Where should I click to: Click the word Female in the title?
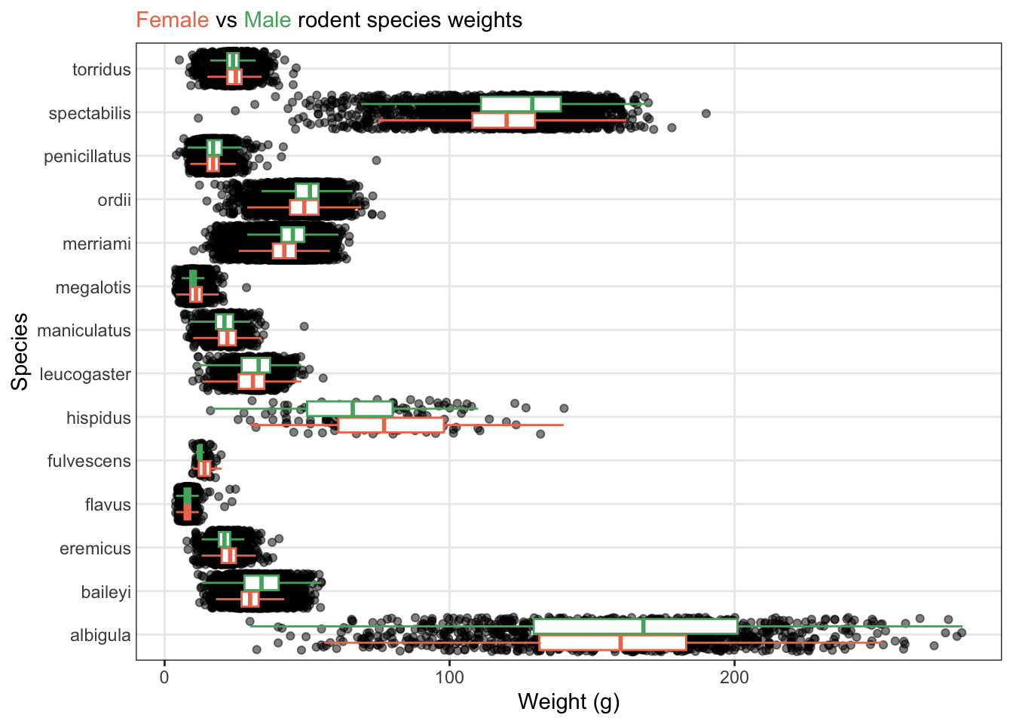tap(172, 20)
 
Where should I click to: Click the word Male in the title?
tap(267, 20)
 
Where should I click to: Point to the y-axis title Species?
tap(20, 351)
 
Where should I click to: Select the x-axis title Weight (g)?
tap(568, 702)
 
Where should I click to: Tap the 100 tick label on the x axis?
tap(449, 677)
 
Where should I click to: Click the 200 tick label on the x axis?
tap(734, 677)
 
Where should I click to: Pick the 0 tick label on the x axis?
tap(164, 677)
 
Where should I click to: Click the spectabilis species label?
tap(90, 114)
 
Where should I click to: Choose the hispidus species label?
tap(99, 419)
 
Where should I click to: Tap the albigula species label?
tap(100, 636)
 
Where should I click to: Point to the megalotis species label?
tap(93, 288)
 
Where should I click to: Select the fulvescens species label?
tap(89, 462)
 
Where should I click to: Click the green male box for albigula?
tap(635, 626)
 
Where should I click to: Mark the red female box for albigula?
tap(613, 643)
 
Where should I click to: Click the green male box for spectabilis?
tap(521, 104)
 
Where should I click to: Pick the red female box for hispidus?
tap(391, 425)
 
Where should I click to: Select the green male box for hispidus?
tap(350, 409)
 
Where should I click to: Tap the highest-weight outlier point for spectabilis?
tap(706, 113)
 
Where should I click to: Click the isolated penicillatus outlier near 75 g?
tap(376, 160)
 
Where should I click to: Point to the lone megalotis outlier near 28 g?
tap(246, 287)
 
